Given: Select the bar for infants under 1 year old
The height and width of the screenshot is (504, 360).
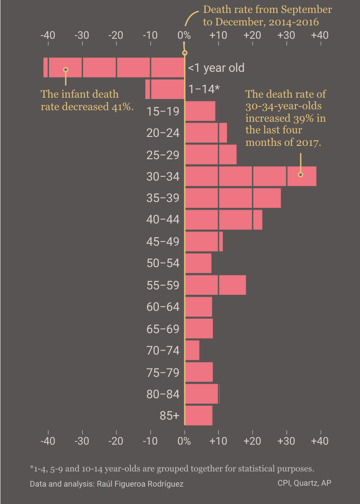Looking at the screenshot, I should (114, 68).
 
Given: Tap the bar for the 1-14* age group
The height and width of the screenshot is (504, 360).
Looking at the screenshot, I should (165, 89).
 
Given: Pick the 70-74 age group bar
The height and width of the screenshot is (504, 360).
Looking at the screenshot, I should (192, 350).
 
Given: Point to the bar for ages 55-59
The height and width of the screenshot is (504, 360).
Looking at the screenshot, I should (215, 285).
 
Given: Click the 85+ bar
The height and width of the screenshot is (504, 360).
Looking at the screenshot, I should (199, 415).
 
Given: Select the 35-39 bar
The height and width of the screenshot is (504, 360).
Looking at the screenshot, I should (232, 198).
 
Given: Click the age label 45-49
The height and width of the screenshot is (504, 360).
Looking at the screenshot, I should (163, 242).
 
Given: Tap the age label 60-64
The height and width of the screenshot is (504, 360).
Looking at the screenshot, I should (163, 307).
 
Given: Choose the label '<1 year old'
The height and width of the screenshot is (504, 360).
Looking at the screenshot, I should (216, 68).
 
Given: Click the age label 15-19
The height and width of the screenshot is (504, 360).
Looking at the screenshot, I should (163, 112).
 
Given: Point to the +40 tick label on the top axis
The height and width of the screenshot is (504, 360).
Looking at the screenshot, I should (320, 35).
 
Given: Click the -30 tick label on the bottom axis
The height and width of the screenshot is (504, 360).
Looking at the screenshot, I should (82, 441).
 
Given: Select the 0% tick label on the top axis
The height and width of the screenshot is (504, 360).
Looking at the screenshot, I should (184, 35).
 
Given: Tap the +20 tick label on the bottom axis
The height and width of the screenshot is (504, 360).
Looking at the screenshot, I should (252, 441).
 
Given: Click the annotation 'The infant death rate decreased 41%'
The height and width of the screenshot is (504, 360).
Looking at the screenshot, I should (87, 100).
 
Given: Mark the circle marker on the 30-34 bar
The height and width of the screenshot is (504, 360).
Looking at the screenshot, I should (300, 174).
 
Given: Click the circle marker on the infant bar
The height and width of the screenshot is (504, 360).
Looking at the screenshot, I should (66, 70).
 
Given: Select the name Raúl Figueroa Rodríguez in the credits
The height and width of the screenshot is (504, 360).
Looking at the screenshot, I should (140, 483).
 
